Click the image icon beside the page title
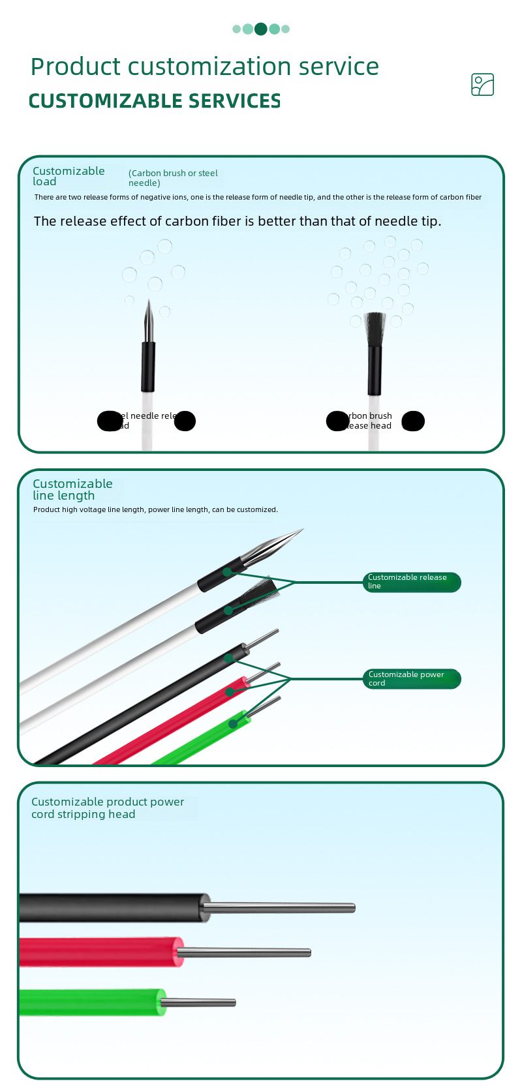(x=482, y=85)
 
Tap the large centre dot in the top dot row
(x=261, y=29)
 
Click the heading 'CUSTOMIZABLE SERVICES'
(x=155, y=101)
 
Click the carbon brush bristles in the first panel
(x=375, y=329)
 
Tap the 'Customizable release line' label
(x=412, y=582)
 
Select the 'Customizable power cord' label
(x=412, y=679)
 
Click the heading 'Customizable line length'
(x=72, y=489)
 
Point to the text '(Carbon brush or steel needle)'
(x=173, y=177)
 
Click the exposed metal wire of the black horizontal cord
(x=281, y=907)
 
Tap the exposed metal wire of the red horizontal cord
(x=245, y=953)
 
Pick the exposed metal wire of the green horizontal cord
(x=199, y=1003)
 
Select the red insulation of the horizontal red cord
(x=98, y=952)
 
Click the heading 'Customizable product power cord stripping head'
(x=108, y=808)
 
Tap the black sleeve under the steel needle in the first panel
(x=148, y=365)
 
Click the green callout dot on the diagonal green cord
(x=233, y=723)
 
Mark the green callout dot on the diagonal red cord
(x=230, y=691)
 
